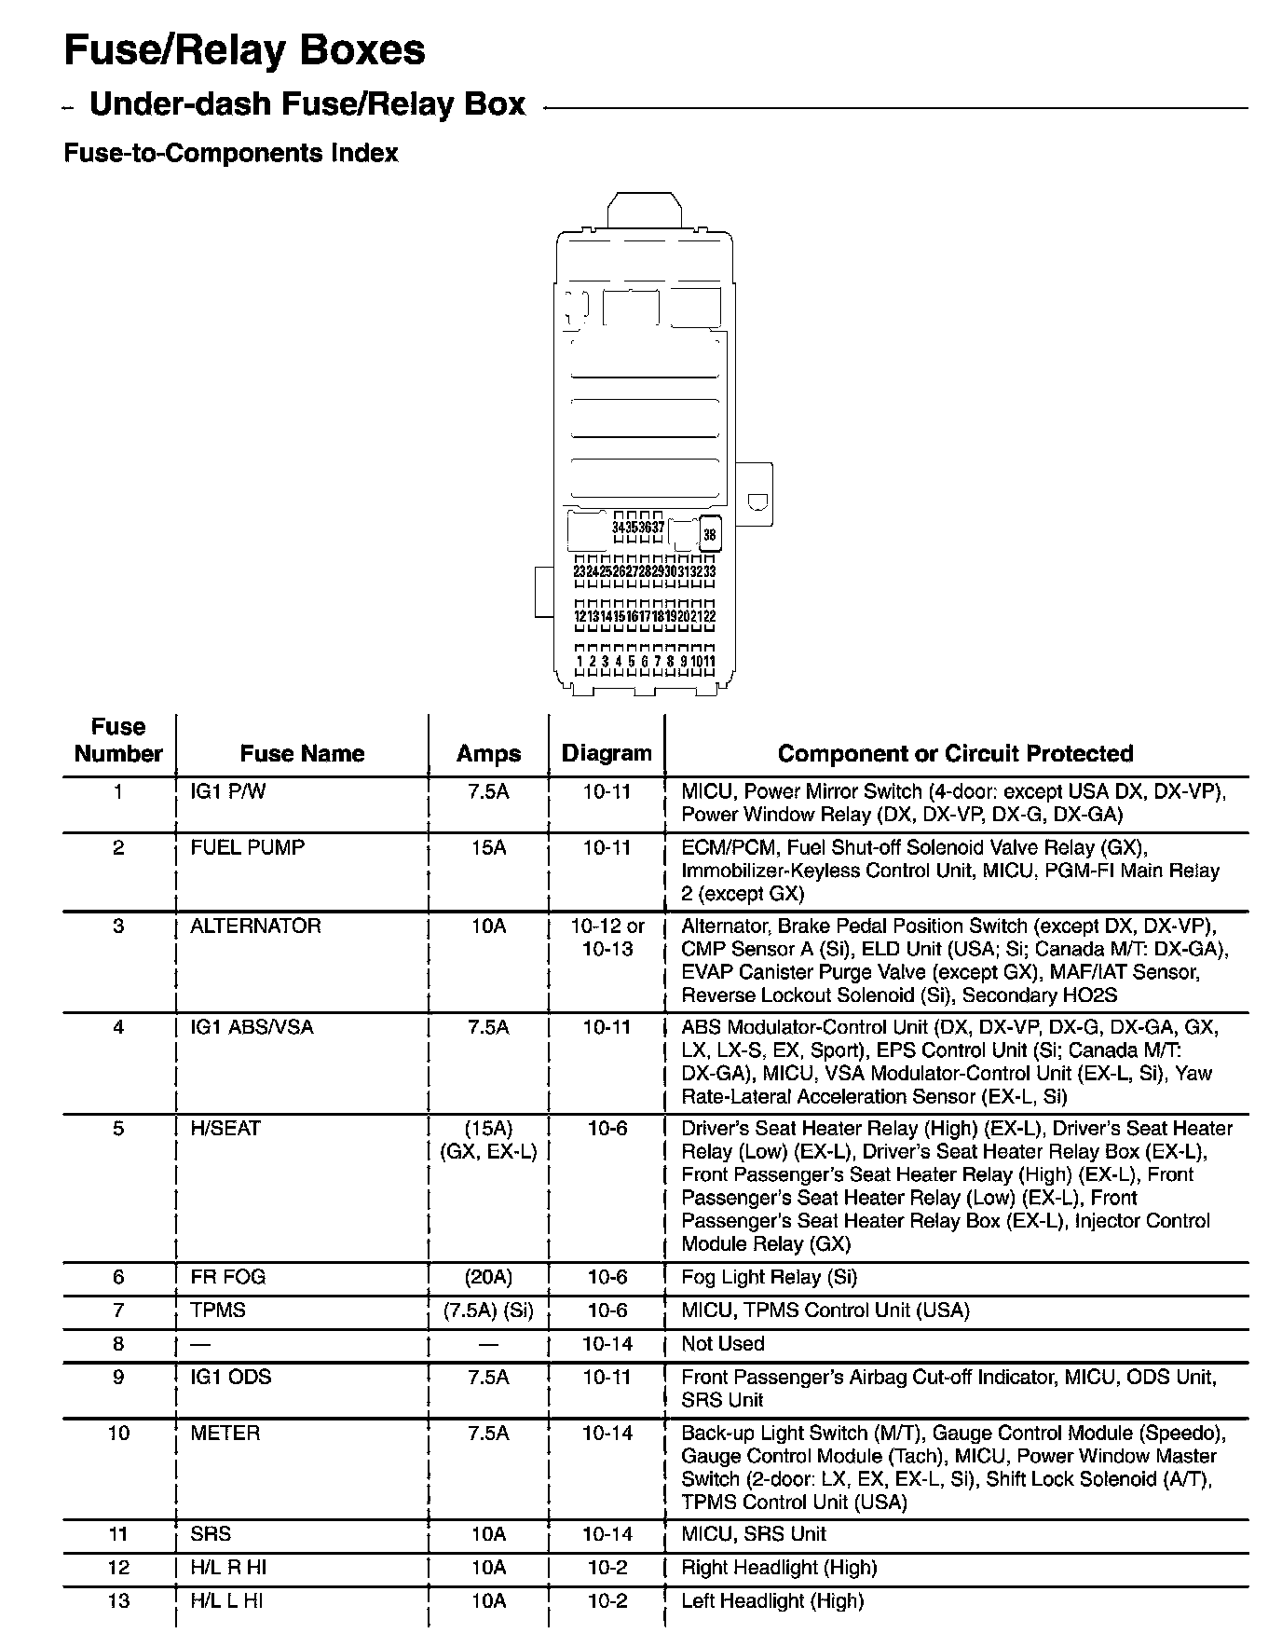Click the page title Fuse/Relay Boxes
point(244,51)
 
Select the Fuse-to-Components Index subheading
point(230,153)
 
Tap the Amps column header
point(488,753)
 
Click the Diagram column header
point(607,753)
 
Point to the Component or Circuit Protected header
point(955,753)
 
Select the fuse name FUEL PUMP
point(247,847)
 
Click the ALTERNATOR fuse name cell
point(255,926)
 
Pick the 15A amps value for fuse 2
point(488,847)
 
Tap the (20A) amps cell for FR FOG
point(488,1277)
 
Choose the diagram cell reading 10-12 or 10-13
point(607,938)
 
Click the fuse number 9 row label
point(118,1377)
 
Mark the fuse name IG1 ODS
point(230,1377)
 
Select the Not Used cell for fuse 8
point(723,1343)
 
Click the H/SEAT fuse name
point(225,1128)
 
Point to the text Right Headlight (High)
point(779,1568)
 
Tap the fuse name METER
point(225,1433)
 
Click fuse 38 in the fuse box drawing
point(710,535)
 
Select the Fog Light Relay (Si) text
point(769,1277)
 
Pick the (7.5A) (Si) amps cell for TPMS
point(488,1311)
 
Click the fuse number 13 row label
point(118,1601)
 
